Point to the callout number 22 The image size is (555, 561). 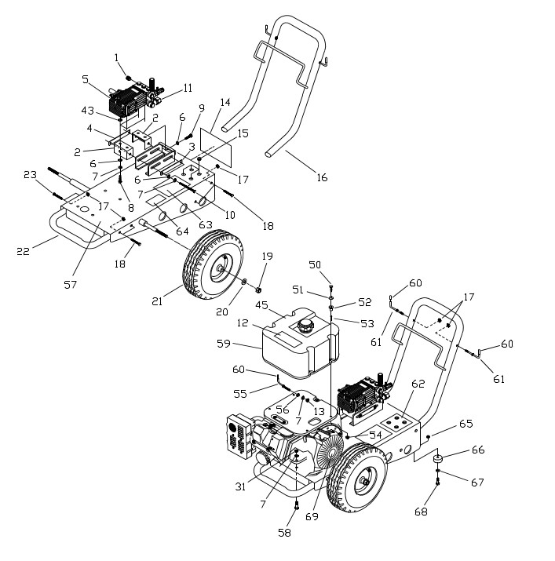pos(23,251)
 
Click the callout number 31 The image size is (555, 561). pos(241,487)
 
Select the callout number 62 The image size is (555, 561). pos(418,384)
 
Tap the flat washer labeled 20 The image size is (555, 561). pos(244,281)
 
